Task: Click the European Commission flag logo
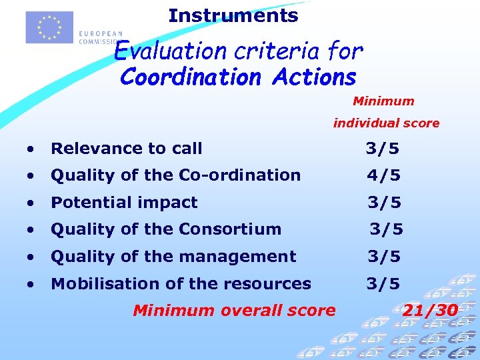pos(49,27)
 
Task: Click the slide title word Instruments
pos(233,15)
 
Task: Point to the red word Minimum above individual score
pos(383,101)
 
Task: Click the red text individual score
pos(386,123)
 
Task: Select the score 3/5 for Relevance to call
pos(383,149)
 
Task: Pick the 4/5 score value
pos(383,175)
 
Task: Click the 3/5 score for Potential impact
pos(384,203)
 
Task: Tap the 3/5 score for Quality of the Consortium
pos(386,229)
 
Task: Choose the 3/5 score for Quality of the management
pos(384,257)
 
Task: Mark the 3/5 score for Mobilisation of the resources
pos(383,284)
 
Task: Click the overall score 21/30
pos(430,310)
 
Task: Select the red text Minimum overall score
pos(234,310)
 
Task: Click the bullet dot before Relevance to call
pos(31,149)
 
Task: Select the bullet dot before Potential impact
pos(31,203)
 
